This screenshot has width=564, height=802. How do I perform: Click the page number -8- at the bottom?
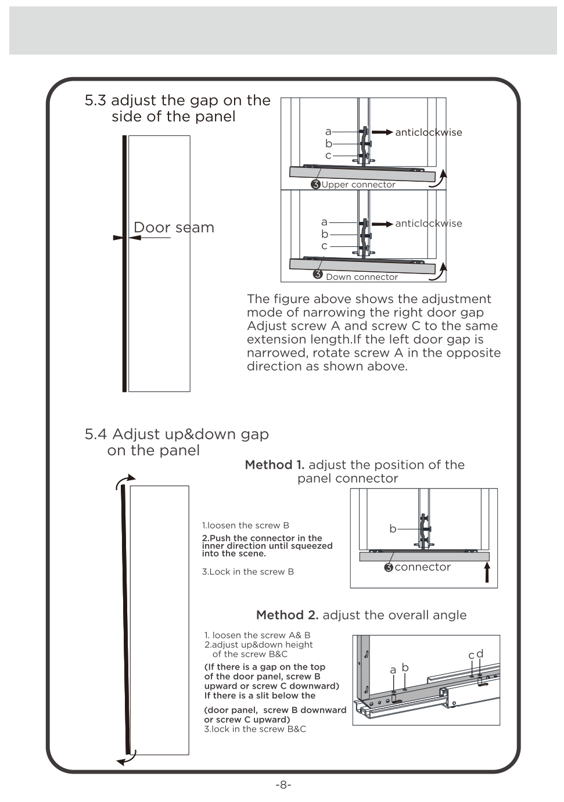(x=283, y=785)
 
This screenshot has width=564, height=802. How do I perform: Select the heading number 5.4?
(x=96, y=434)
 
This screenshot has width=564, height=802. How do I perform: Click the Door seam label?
(x=174, y=228)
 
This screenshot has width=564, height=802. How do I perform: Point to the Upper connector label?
(x=358, y=185)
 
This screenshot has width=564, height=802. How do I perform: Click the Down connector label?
(x=361, y=277)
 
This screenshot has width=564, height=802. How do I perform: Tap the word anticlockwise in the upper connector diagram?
(x=429, y=132)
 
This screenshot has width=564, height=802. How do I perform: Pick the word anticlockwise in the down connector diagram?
(x=429, y=224)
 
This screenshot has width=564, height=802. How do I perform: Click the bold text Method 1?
(x=275, y=465)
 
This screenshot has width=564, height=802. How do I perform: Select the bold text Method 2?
(x=287, y=616)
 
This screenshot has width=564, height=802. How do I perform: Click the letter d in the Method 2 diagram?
(x=480, y=654)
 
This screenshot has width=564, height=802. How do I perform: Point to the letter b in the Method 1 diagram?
(x=393, y=529)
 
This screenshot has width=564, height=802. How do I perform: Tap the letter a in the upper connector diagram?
(x=328, y=132)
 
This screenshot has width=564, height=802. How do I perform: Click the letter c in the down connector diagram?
(x=325, y=246)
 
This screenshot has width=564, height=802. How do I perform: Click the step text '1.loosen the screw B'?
(x=245, y=526)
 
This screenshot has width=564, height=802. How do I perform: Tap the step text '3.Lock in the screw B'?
(x=248, y=572)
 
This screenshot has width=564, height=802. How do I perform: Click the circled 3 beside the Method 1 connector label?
(x=389, y=567)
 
